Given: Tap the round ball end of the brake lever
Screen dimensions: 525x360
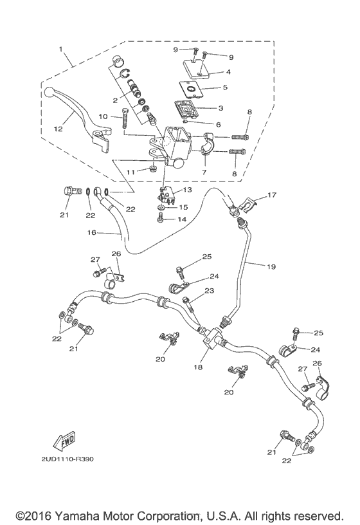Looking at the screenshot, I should tap(48, 94).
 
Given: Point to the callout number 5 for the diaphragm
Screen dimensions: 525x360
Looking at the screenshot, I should tap(224, 87).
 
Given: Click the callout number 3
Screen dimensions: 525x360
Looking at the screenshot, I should tap(218, 124).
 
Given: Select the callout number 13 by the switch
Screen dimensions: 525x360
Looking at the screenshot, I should tap(186, 191).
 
